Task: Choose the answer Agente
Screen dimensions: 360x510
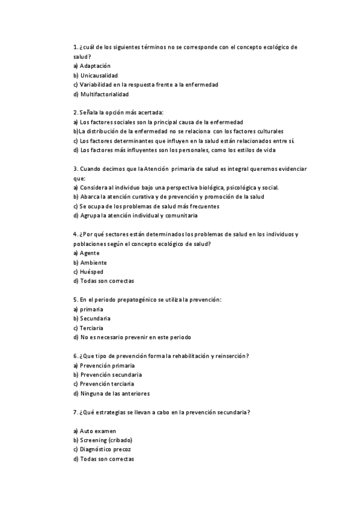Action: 90,253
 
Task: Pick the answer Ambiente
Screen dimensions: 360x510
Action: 93,262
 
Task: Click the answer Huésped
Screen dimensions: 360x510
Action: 91,271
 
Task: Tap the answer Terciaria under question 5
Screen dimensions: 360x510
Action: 91,328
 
